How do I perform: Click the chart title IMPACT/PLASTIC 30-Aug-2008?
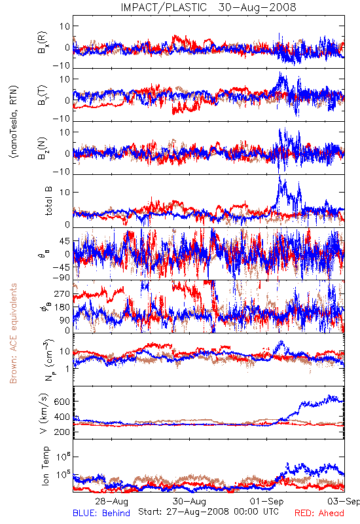[208, 7]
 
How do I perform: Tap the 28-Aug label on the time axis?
[111, 501]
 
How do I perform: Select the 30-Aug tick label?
[189, 501]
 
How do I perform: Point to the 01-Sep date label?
[267, 501]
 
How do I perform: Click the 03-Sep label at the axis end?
[344, 501]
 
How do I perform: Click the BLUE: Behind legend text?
[101, 513]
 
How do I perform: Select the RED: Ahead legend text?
[319, 513]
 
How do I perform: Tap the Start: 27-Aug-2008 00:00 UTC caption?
[208, 512]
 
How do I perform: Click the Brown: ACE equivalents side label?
[13, 333]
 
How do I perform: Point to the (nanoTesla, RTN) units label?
[14, 121]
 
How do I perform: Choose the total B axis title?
[48, 201]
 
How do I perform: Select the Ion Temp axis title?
[45, 466]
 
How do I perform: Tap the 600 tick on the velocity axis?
[62, 402]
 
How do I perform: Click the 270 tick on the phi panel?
[62, 293]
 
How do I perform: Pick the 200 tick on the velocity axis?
[62, 432]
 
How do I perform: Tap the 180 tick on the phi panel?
[62, 307]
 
